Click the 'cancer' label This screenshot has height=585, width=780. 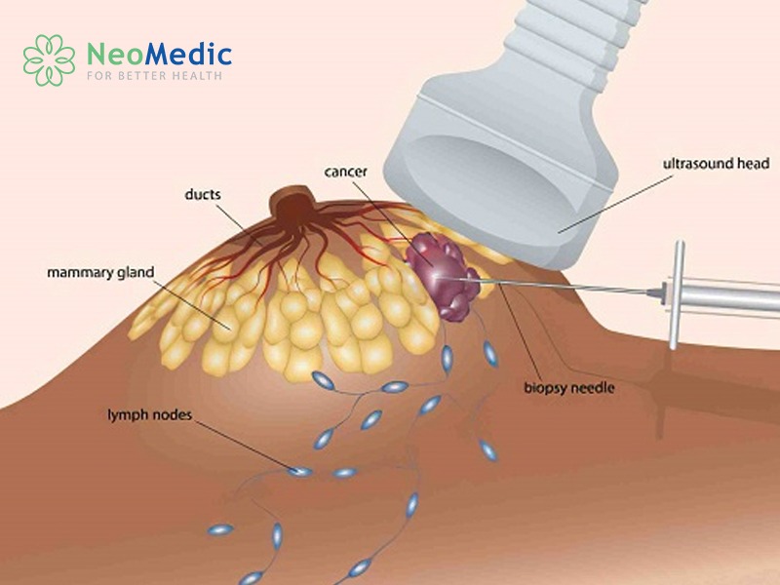point(346,172)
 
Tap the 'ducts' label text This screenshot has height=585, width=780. point(203,194)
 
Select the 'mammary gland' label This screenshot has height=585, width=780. point(100,273)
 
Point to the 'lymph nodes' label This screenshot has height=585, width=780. point(150,414)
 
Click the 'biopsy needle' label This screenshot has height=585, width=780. point(569,387)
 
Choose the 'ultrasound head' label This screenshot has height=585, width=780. point(716,163)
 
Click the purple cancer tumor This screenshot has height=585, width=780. point(442,275)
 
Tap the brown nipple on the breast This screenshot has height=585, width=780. point(293,205)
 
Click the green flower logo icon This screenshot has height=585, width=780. point(49,60)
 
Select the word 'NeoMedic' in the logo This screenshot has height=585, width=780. point(159,54)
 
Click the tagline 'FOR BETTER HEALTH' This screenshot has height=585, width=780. point(154,76)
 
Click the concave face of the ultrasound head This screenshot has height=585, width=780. point(502,180)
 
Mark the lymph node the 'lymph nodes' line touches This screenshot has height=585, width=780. point(301,471)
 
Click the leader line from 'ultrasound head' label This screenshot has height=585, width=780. point(615,204)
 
